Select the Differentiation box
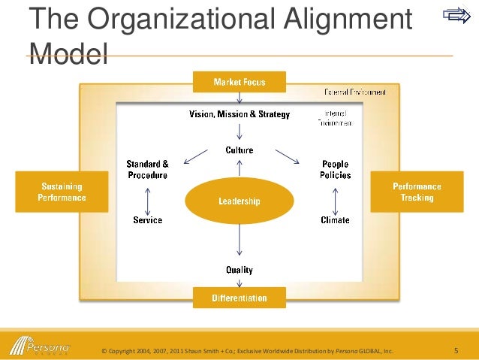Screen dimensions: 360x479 click(x=239, y=298)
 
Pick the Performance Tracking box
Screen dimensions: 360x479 click(x=417, y=192)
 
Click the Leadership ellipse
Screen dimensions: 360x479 click(x=239, y=201)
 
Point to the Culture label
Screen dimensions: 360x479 click(x=239, y=150)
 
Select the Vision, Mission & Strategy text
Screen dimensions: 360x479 click(x=239, y=114)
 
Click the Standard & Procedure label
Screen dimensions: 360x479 click(x=146, y=169)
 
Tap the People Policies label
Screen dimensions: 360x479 click(x=336, y=169)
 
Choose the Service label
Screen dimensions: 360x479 click(x=147, y=220)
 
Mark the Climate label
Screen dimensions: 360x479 click(x=335, y=220)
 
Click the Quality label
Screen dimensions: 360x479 click(x=239, y=269)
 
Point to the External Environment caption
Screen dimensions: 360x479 click(x=355, y=92)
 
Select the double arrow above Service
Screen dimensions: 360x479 click(x=147, y=198)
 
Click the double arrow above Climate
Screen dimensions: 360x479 click(x=335, y=198)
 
